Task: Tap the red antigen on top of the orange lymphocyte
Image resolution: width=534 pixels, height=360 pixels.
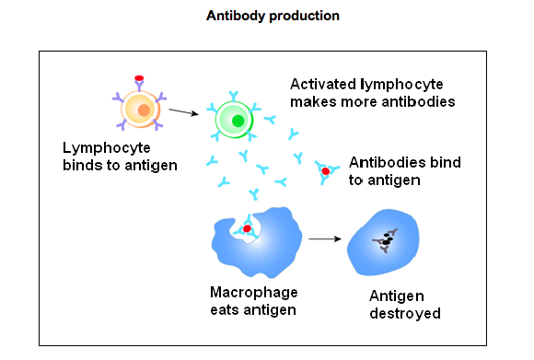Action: tap(140, 79)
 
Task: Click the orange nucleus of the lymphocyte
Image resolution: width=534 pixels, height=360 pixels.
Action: tap(143, 111)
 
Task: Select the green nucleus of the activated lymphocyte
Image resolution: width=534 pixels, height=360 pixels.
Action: tap(238, 121)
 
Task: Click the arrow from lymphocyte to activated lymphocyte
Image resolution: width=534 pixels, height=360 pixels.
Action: tap(184, 112)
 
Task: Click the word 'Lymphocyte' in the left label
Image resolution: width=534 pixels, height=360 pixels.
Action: tap(100, 147)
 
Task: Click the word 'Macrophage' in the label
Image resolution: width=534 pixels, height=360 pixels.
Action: tap(251, 292)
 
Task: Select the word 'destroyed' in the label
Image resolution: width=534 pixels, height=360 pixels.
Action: tap(405, 313)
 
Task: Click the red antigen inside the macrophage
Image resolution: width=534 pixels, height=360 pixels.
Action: tap(247, 228)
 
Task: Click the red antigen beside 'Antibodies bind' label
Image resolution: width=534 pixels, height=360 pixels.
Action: tap(326, 171)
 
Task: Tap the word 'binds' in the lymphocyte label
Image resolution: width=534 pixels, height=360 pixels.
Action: tap(83, 165)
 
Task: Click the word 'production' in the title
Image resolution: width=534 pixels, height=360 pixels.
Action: tap(307, 16)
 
